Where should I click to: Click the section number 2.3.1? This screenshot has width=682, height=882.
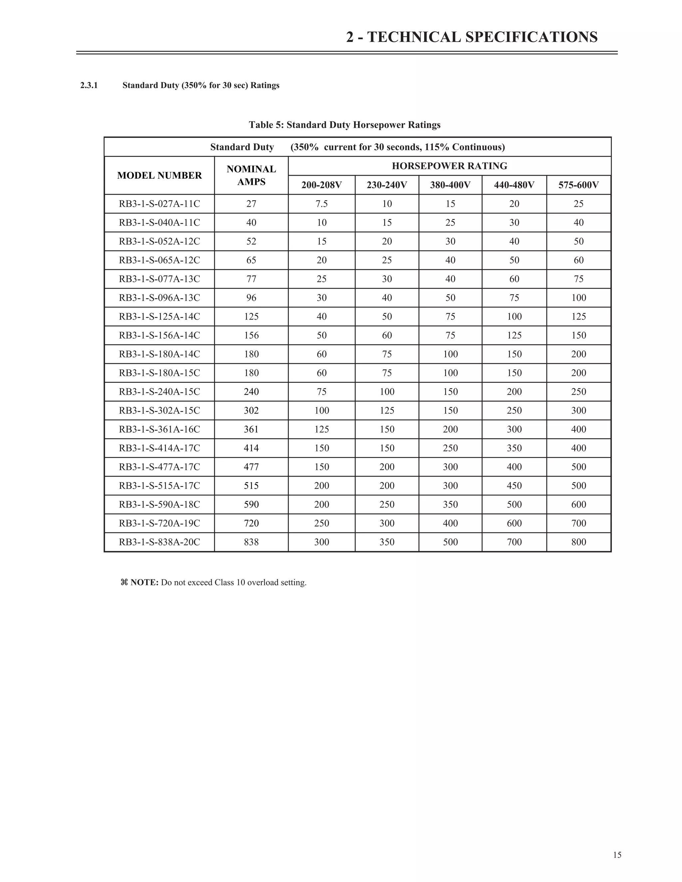[x=89, y=86]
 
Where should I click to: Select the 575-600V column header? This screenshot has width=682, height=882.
[x=578, y=185]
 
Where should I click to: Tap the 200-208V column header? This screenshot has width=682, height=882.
[x=321, y=185]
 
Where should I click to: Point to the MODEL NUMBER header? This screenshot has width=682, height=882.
[x=159, y=175]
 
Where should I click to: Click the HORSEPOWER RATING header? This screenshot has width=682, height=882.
[x=449, y=166]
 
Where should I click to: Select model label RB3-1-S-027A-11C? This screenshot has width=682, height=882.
[x=159, y=204]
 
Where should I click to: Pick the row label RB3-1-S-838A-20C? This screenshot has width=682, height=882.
[x=159, y=542]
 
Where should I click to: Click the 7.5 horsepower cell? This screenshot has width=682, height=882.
[x=321, y=204]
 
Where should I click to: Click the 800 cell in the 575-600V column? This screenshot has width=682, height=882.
[x=578, y=542]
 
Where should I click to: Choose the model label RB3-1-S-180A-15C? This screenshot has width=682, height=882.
[x=159, y=373]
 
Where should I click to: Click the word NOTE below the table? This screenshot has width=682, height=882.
[x=144, y=582]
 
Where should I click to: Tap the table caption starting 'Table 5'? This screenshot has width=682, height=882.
[x=344, y=125]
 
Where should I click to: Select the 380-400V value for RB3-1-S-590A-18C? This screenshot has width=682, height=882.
[x=450, y=504]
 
